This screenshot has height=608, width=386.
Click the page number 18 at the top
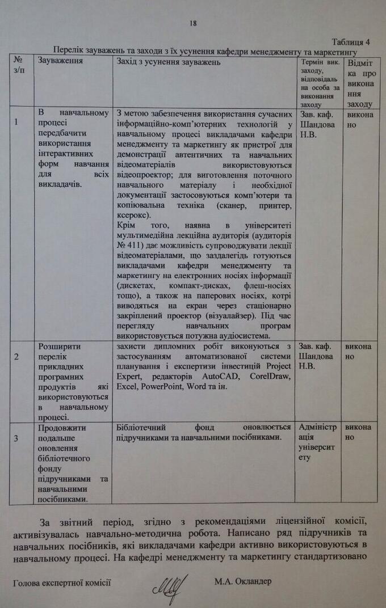193,23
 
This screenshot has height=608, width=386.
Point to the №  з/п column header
19,65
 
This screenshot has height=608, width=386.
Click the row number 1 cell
16,122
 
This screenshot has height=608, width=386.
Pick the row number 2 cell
16,356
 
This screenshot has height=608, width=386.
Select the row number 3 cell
16,438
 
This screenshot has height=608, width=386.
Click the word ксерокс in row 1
132,216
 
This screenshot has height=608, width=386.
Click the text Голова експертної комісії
61,582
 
